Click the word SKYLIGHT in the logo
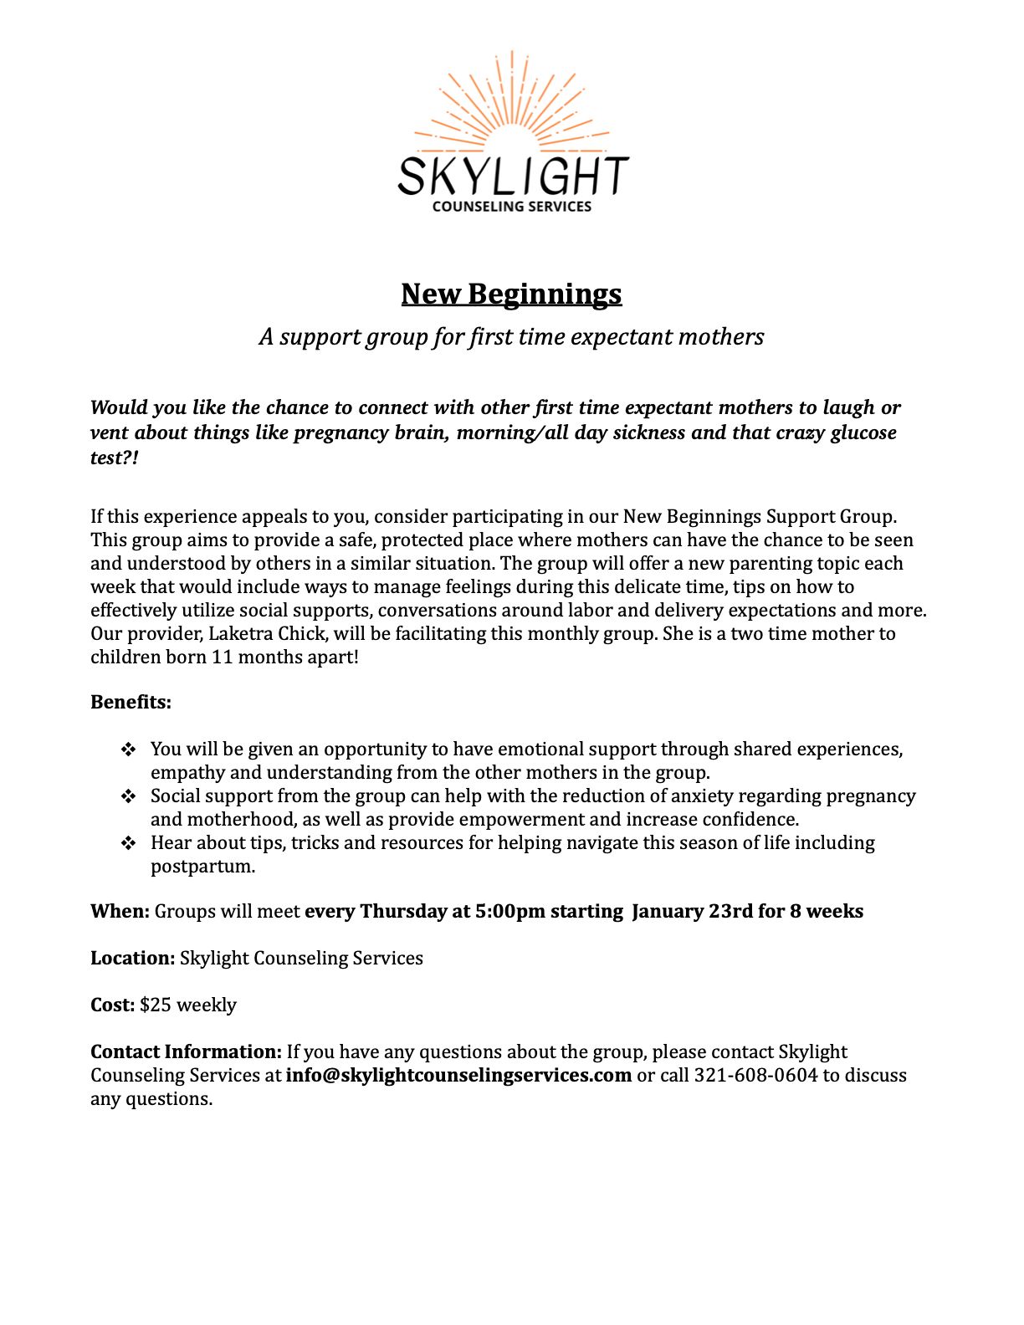click(x=512, y=176)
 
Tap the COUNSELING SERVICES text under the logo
click(x=511, y=207)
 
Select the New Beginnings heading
click(x=511, y=294)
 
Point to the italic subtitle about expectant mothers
click(x=511, y=336)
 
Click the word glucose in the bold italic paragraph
click(x=863, y=432)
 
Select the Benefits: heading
click(x=131, y=702)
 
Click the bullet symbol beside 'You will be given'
click(x=128, y=749)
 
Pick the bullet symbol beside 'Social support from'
click(x=128, y=796)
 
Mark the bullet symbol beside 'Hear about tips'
click(x=128, y=843)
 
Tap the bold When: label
click(x=120, y=911)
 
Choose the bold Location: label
click(x=132, y=958)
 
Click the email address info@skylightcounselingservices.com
click(x=458, y=1075)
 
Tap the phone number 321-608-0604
click(x=755, y=1075)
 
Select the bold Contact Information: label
click(x=186, y=1051)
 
